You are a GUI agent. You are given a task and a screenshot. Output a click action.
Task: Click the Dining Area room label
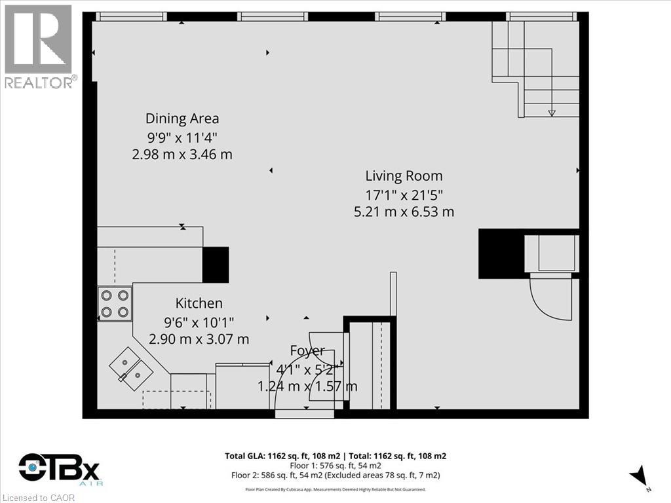[182, 119]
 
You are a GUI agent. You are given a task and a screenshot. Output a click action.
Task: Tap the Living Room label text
[404, 176]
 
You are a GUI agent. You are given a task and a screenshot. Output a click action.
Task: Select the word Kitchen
[199, 303]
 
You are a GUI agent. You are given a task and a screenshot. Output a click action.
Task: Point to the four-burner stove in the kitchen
[115, 304]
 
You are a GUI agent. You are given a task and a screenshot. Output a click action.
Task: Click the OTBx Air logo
[59, 470]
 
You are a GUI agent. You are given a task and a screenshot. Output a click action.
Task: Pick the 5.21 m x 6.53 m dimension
[404, 212]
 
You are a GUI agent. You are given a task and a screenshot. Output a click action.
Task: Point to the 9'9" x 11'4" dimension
[182, 137]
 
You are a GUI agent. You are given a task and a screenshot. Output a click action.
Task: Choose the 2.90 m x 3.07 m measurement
[199, 339]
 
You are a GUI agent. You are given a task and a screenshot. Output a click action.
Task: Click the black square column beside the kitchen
[215, 265]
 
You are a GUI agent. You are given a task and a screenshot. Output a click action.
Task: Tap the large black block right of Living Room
[501, 254]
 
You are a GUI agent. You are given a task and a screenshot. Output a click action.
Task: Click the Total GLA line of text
[335, 456]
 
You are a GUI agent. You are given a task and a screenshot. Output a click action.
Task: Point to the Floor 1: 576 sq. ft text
[335, 465]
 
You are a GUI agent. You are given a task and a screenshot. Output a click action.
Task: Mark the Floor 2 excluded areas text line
[335, 475]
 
